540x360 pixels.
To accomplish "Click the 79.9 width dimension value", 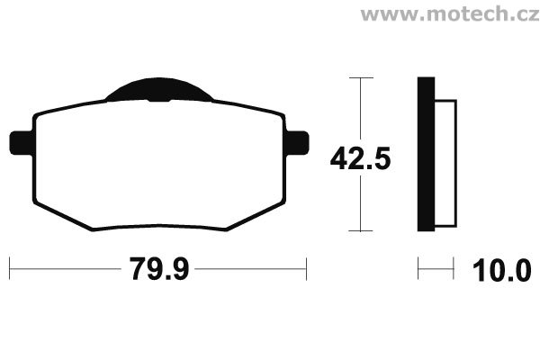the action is pyautogui.click(x=159, y=269).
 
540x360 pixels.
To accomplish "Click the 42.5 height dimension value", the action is pyautogui.click(x=360, y=158).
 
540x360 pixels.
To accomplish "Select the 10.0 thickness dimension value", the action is pyautogui.click(x=502, y=271).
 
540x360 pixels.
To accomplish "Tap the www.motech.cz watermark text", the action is pyautogui.click(x=450, y=14).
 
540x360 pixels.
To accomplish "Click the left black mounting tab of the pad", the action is pyautogui.click(x=22, y=143).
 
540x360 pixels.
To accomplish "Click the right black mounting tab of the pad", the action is pyautogui.click(x=298, y=143).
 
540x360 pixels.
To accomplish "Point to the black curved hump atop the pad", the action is pyautogui.click(x=159, y=89).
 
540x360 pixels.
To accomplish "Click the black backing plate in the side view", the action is pyautogui.click(x=426, y=154).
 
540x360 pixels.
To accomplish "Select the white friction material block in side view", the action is pyautogui.click(x=445, y=164).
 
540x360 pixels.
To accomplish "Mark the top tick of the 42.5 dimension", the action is pyautogui.click(x=361, y=78).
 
